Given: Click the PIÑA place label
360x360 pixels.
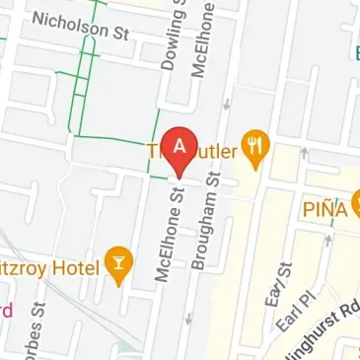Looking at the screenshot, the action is [x=324, y=208].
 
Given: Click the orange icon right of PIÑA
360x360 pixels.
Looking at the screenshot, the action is [x=356, y=206].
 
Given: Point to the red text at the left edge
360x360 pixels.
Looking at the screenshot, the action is [x=5, y=312].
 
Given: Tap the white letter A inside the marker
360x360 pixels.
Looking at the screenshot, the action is [x=180, y=143].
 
